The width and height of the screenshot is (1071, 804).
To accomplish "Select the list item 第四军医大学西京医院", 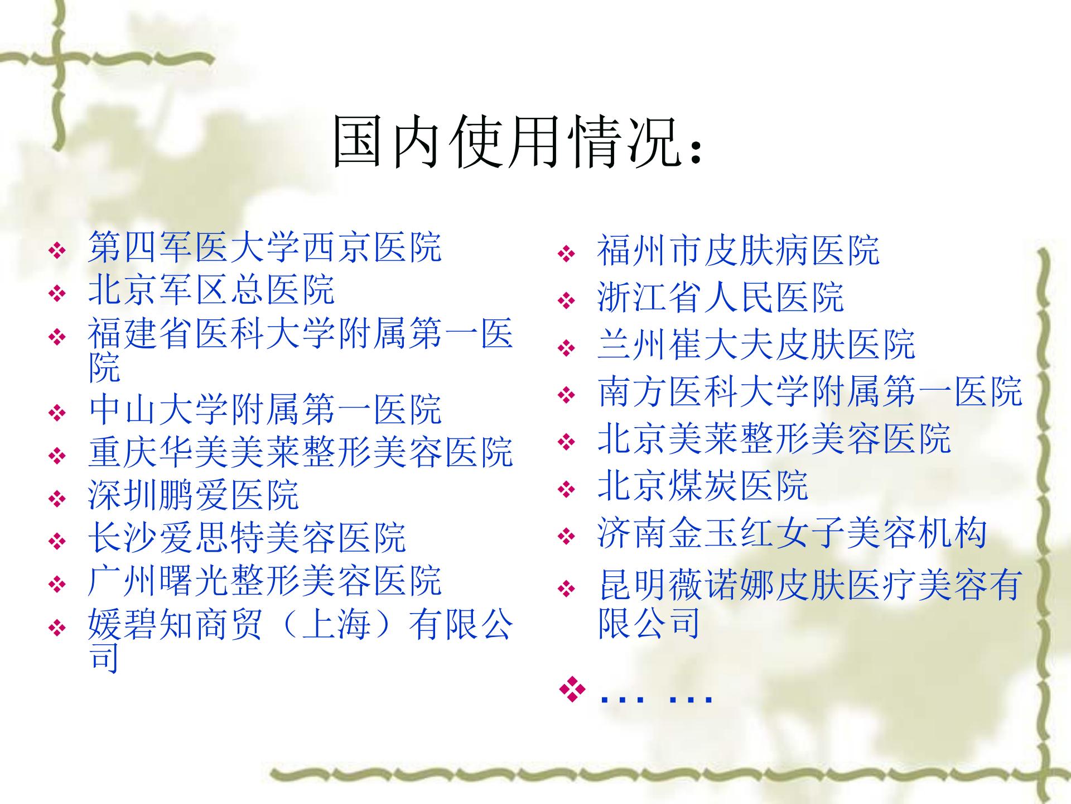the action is pos(265,247).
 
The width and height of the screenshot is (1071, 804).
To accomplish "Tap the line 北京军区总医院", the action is pos(211,289).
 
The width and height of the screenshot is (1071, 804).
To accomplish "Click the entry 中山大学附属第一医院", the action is pos(265,409).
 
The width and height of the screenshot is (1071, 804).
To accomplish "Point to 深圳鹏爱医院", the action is pos(194,495).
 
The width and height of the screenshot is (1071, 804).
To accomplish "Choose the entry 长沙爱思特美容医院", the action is pos(247,537).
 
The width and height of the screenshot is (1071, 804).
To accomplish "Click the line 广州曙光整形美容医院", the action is pos(265,580).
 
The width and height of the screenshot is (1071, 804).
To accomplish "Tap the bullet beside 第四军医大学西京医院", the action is pos(57,251).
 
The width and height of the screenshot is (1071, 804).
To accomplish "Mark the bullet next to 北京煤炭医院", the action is pos(567,490).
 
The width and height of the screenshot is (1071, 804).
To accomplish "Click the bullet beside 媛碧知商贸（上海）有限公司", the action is pos(57,629).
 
